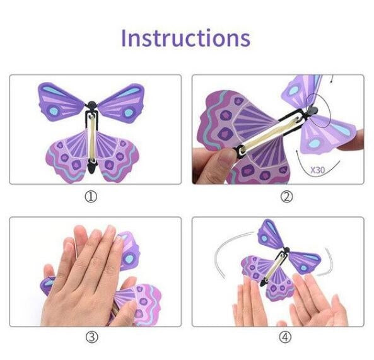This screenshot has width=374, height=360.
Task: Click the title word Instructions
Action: (185, 37)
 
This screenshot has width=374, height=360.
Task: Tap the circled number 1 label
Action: (91, 197)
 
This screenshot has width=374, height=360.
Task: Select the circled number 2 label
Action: (287, 197)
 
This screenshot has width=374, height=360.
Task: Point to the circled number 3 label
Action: (91, 337)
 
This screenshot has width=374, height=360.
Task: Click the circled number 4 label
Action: (287, 337)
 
